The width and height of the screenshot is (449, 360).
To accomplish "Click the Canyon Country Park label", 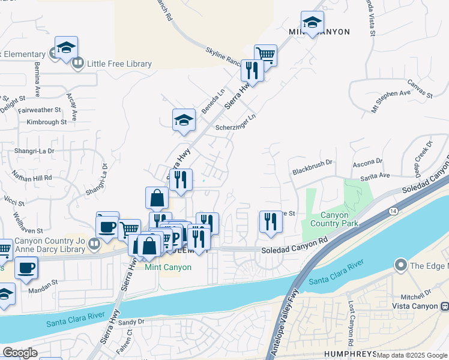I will click(339, 219).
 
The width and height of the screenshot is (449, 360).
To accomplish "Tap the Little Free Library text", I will click(119, 64).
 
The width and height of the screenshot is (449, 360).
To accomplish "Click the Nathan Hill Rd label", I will click(32, 178).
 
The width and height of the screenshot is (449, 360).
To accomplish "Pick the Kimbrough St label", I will click(46, 122).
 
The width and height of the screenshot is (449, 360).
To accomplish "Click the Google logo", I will click(20, 353).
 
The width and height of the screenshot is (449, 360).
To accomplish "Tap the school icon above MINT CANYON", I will click(312, 23).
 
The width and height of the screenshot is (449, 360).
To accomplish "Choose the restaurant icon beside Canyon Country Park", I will click(270, 221).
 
